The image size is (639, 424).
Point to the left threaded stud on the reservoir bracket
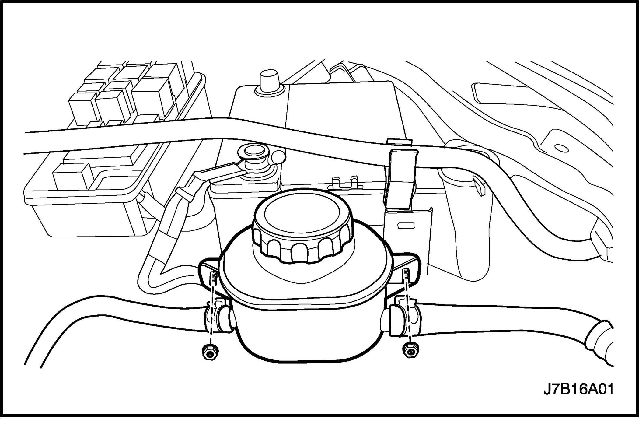click(213, 277)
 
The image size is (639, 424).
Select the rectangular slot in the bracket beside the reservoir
click(406, 226)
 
